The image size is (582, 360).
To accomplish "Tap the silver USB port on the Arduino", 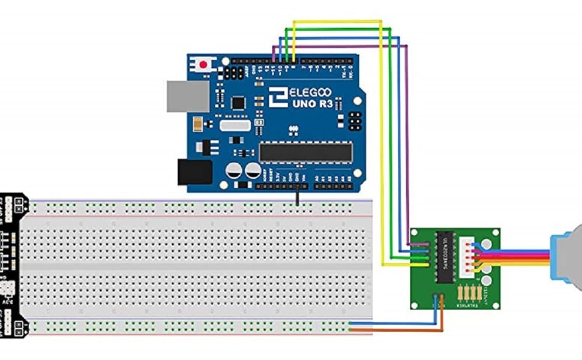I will click(188, 96).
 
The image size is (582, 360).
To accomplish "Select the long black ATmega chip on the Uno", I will click(305, 152).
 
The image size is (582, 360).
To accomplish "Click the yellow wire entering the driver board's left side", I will click(396, 265).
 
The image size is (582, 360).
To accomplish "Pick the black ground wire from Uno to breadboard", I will click(297, 196).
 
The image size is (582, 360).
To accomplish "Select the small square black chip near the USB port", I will click(238, 103).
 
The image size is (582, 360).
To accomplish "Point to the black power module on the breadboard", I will click(12, 264).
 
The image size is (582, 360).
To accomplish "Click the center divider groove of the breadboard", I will click(198, 265).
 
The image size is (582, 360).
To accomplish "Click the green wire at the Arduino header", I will click(286, 53).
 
